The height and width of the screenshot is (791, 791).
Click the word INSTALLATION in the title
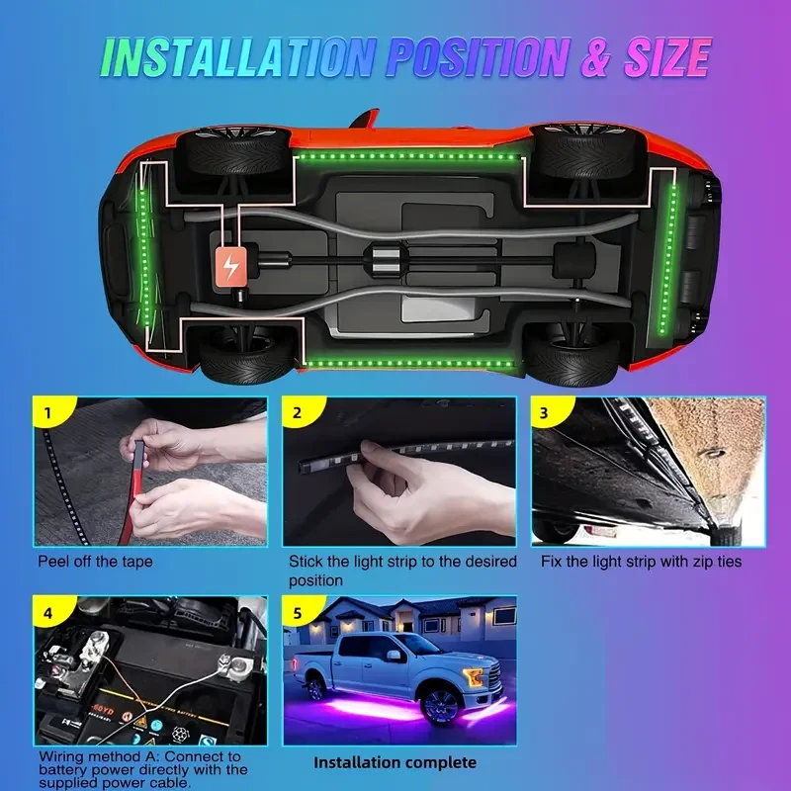coord(238,57)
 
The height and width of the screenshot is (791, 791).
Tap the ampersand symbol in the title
coord(596,57)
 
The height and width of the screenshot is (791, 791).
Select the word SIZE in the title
coord(666,57)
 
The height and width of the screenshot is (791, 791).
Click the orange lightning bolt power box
coord(231,266)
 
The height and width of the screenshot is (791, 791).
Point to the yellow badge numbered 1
coord(50,410)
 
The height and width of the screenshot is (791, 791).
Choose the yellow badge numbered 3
coord(549,410)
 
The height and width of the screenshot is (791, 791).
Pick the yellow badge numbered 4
coord(50,610)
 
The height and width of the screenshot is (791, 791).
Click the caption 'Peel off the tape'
coord(95,562)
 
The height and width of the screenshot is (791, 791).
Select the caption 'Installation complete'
coord(395,762)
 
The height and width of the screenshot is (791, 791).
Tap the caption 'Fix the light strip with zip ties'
coord(641,562)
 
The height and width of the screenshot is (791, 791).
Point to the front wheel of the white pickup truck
coord(440,706)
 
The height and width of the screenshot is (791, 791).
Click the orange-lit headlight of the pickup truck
coord(475,676)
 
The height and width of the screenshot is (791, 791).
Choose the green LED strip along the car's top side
coord(405,157)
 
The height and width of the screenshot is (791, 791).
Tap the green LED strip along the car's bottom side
coord(409,363)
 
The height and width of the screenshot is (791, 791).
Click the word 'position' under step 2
coord(315,580)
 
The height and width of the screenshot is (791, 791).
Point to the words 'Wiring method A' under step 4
coord(99,756)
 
